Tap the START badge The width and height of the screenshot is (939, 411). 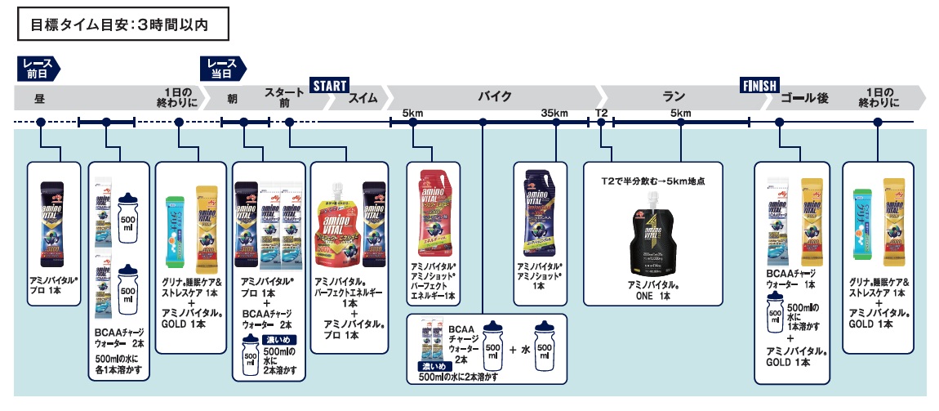click(x=329, y=84)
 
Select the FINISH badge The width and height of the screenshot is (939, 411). click(x=759, y=84)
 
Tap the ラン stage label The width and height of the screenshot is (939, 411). click(x=674, y=97)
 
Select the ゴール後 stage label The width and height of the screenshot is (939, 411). click(x=804, y=99)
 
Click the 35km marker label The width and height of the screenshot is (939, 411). click(x=554, y=113)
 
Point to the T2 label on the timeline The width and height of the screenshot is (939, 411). click(x=601, y=113)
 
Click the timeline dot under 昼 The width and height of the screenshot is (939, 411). click(x=38, y=123)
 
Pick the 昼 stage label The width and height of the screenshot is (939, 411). click(x=38, y=99)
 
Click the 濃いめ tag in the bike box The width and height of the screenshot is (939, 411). click(x=431, y=367)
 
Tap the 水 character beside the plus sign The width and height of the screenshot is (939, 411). click(x=524, y=349)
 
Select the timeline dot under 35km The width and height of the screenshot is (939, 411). click(x=556, y=123)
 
